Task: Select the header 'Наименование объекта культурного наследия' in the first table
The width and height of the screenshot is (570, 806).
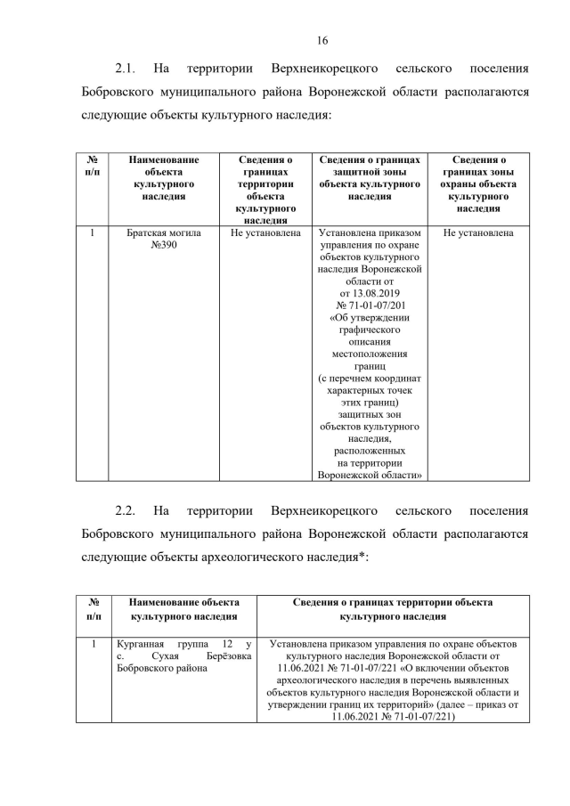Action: coord(163,178)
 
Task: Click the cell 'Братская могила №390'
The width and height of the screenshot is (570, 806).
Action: coord(163,240)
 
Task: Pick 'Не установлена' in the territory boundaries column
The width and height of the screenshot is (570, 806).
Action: coord(265,233)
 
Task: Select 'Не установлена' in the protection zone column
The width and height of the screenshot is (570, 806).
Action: coord(478,233)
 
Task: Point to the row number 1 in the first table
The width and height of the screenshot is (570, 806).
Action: coord(93,233)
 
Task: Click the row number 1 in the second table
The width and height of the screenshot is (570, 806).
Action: coord(93,642)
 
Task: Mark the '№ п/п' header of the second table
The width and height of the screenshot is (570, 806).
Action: coord(93,608)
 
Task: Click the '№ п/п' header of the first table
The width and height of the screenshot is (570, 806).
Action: coord(93,166)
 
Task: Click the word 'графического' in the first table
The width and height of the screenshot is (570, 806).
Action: coord(370,329)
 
